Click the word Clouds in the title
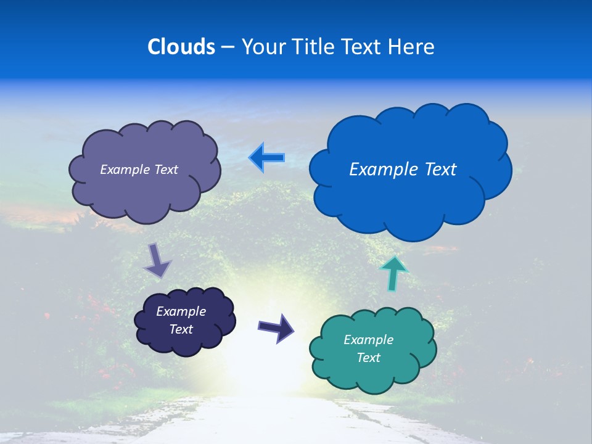click(181, 47)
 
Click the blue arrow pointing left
click(267, 158)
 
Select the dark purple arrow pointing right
click(276, 327)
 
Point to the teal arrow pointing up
click(393, 273)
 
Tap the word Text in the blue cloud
click(442, 169)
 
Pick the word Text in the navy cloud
click(181, 329)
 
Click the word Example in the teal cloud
click(368, 340)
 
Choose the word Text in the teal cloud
click(368, 358)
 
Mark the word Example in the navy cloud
click(181, 311)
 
